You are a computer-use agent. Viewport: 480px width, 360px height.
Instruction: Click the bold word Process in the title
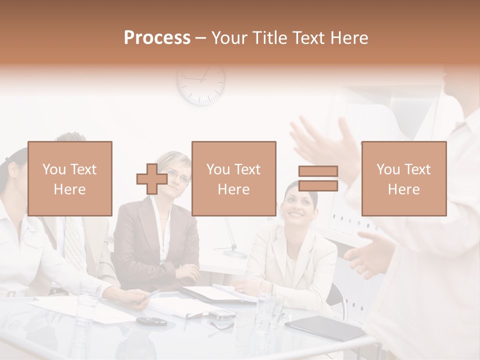pos(157,37)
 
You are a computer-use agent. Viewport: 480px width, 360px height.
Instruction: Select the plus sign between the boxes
pos(152,179)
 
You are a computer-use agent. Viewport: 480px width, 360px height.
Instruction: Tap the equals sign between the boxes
pos(318,178)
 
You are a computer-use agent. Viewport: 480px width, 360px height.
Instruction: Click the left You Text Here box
pos(70,178)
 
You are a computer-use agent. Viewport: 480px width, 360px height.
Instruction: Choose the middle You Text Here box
pos(233,178)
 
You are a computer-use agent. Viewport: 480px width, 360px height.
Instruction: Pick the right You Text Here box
pos(404,178)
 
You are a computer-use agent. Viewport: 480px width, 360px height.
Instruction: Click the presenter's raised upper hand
pos(325,142)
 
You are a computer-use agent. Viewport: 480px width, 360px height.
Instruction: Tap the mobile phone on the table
pos(220,315)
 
